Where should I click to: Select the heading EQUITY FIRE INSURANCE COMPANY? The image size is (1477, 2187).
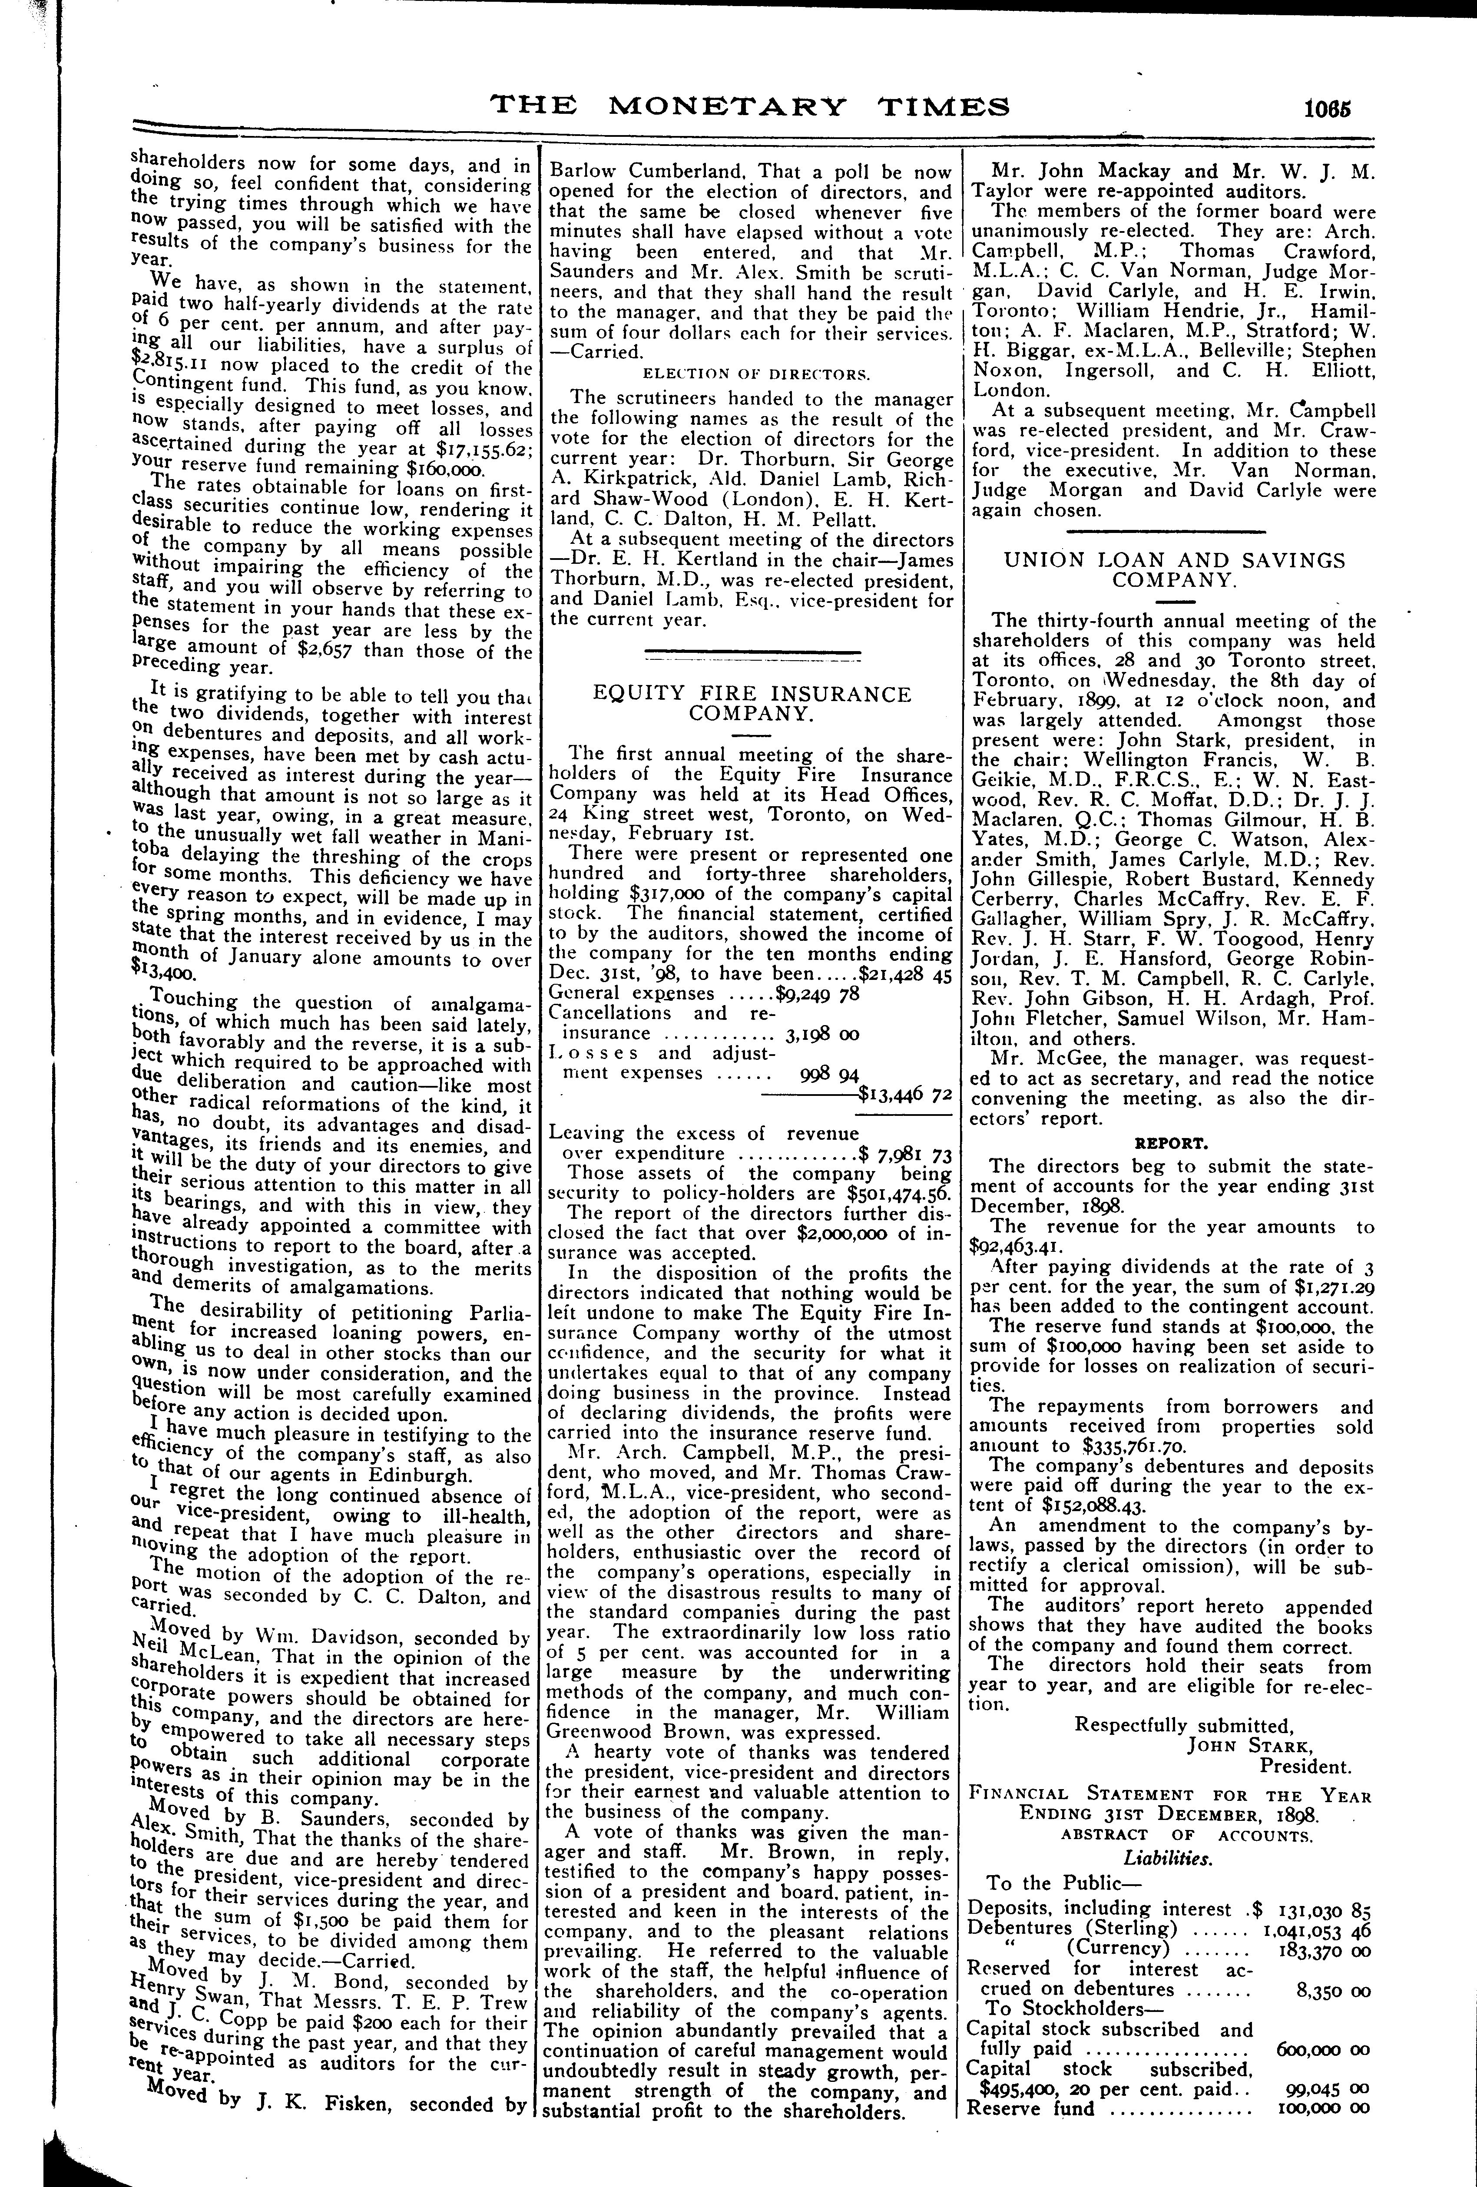(x=751, y=703)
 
